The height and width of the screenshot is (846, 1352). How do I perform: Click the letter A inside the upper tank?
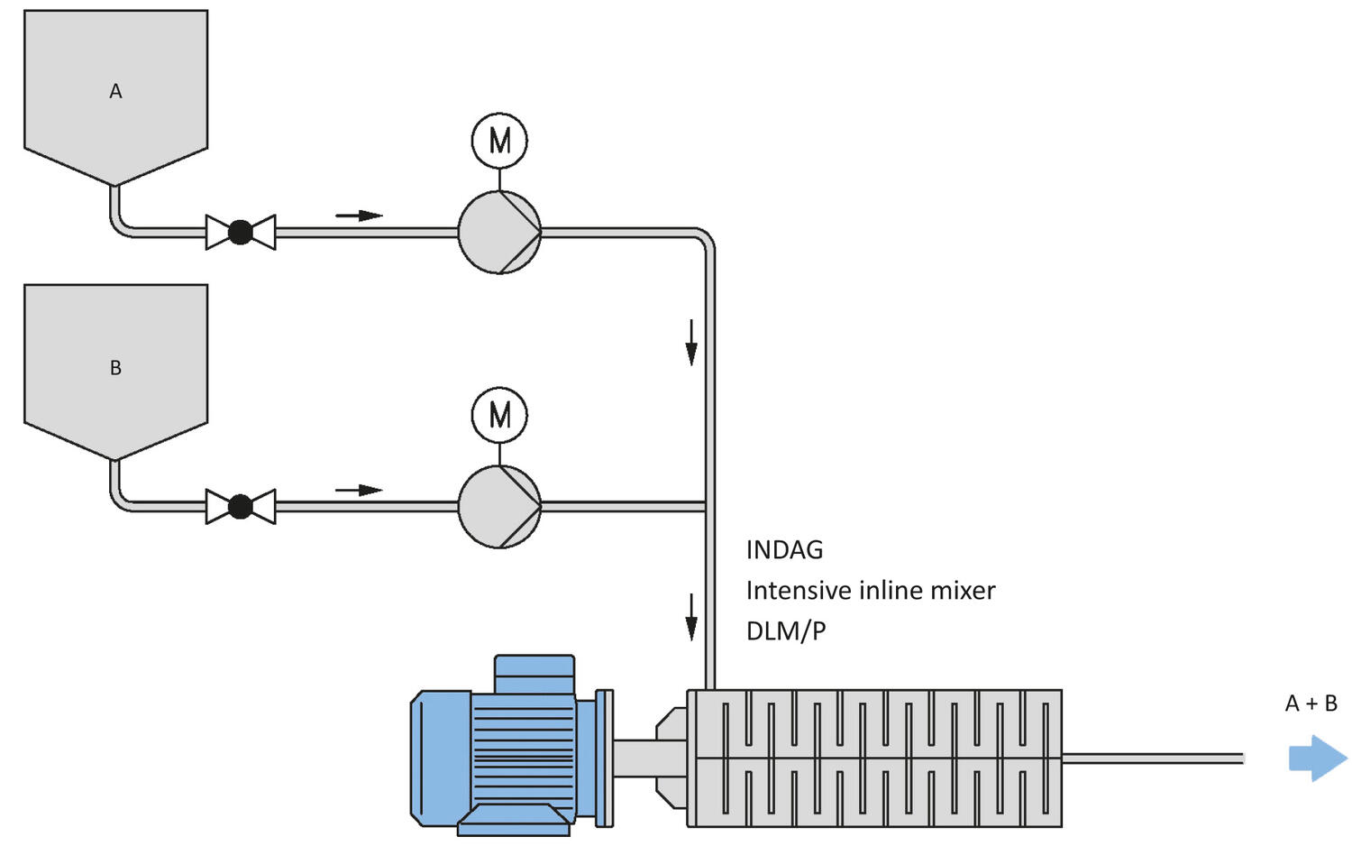tap(115, 91)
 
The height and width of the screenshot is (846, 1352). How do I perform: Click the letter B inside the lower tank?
tap(115, 368)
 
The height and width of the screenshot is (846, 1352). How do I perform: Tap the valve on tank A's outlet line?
tap(241, 233)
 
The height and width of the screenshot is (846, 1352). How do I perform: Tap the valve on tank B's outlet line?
tap(241, 507)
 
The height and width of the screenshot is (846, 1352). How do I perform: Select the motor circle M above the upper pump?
tap(499, 141)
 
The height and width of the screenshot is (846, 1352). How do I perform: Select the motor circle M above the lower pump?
tap(499, 415)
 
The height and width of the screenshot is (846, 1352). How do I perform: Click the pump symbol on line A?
tap(499, 233)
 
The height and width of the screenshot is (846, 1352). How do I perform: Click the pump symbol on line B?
tap(499, 507)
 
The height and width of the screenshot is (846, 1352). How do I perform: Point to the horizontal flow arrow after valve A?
tap(359, 216)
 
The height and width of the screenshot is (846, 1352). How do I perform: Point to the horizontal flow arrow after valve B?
tap(359, 490)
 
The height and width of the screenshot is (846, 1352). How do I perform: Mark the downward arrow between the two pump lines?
tap(691, 343)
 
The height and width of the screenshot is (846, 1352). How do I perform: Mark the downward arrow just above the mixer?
tap(691, 617)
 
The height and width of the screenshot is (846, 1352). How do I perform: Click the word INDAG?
tap(784, 550)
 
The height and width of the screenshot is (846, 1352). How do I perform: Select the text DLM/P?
tap(786, 630)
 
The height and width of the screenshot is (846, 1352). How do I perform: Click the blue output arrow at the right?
tap(1317, 758)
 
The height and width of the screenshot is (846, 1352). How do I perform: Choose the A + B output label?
tap(1311, 703)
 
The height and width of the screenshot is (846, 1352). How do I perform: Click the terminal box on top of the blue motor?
tap(534, 674)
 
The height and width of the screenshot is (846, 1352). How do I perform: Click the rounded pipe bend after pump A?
tap(704, 239)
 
